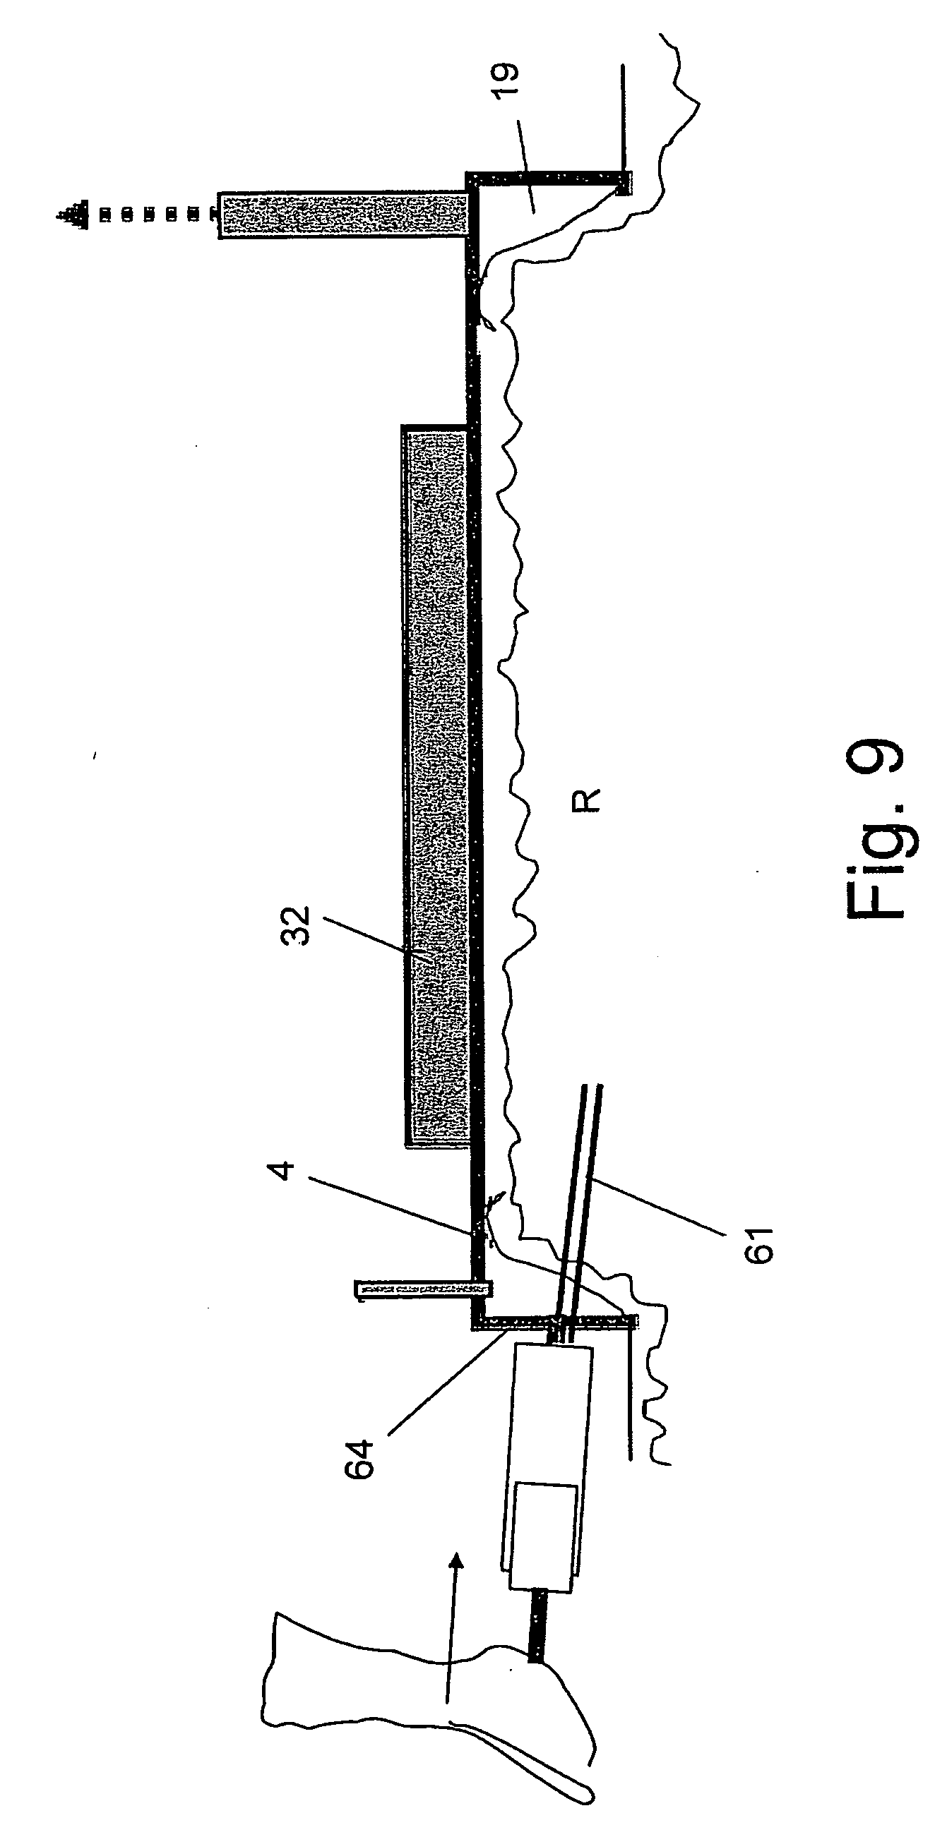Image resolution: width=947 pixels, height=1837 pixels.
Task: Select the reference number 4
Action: (284, 1170)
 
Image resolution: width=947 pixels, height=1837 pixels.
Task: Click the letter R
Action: (587, 800)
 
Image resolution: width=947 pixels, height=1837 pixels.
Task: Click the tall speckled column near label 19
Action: (344, 214)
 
